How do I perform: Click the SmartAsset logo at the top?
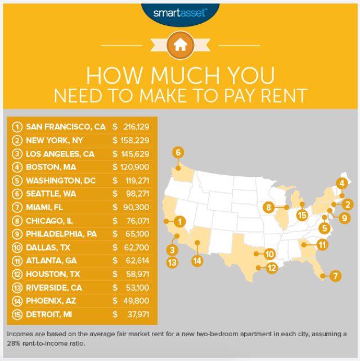click(x=179, y=12)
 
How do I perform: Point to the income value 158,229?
click(x=134, y=141)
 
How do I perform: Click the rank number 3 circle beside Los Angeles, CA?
click(x=17, y=154)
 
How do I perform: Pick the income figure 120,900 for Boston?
click(x=134, y=167)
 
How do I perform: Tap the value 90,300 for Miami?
click(x=137, y=207)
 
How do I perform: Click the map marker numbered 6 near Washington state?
click(x=178, y=152)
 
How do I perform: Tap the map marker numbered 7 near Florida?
click(x=335, y=276)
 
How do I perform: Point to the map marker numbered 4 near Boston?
click(x=341, y=182)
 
